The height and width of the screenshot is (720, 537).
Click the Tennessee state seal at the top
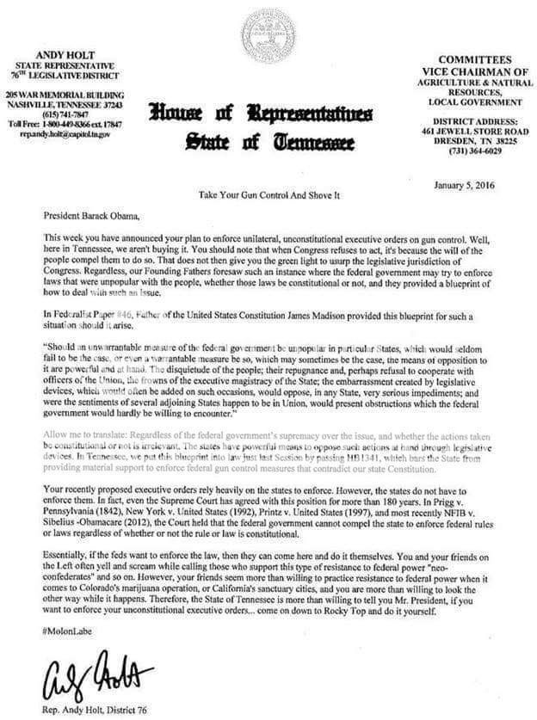tap(268, 34)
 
